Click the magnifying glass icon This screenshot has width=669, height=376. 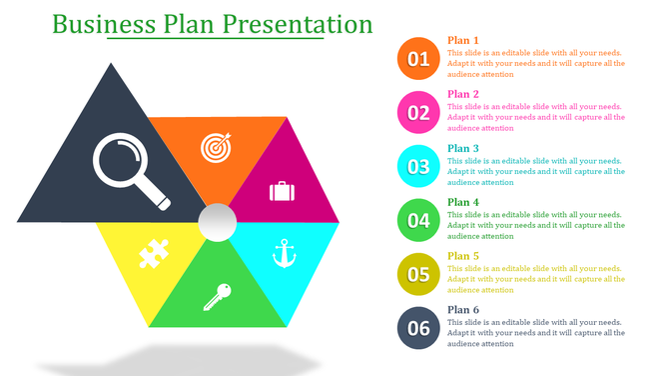pos(130,167)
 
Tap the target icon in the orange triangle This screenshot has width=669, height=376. pos(215,147)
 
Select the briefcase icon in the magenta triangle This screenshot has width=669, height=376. pos(281,191)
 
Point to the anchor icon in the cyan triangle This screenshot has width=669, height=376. pos(284,253)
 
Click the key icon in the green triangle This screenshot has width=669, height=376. pos(218,296)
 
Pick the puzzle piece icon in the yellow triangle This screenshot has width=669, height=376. pos(152,253)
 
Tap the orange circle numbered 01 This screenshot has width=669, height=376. pos(418,59)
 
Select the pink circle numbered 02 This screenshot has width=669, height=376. pos(418,113)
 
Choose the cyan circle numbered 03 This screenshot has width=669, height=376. pos(418,167)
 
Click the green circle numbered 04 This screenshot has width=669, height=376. pos(418,221)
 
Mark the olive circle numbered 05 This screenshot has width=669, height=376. pos(418,275)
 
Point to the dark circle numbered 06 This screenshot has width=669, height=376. pos(418,329)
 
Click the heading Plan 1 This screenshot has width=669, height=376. pos(463,41)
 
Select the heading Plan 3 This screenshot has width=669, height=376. pos(463,149)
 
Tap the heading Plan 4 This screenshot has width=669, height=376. pos(463,203)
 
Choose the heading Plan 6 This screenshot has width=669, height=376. pos(463,310)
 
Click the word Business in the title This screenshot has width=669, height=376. pos(103,24)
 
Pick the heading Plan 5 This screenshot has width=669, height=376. pos(463,257)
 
